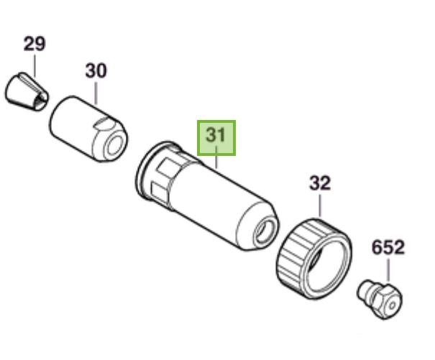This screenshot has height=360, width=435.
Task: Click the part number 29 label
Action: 34,44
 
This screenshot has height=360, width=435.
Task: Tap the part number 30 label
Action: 96,70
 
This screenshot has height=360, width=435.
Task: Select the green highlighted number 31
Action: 216,138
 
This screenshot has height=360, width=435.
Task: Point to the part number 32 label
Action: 320,183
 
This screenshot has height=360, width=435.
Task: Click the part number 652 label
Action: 388,247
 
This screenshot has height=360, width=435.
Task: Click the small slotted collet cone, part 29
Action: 27,92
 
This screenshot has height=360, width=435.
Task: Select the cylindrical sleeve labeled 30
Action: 88,129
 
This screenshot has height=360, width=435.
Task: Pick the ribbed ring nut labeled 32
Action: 315,259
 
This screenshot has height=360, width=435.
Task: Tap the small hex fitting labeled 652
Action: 380,299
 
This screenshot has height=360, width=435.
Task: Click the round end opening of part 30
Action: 116,145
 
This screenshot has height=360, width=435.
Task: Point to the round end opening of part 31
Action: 265,230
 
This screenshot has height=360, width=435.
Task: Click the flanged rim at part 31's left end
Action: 151,169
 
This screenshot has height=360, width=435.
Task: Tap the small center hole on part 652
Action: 392,306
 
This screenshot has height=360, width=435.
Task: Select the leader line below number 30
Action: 96,93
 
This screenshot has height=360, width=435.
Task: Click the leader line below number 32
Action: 320,206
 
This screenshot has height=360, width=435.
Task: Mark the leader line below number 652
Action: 388,270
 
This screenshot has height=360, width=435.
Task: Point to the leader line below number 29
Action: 35,66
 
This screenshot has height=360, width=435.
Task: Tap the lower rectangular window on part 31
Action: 159,192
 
